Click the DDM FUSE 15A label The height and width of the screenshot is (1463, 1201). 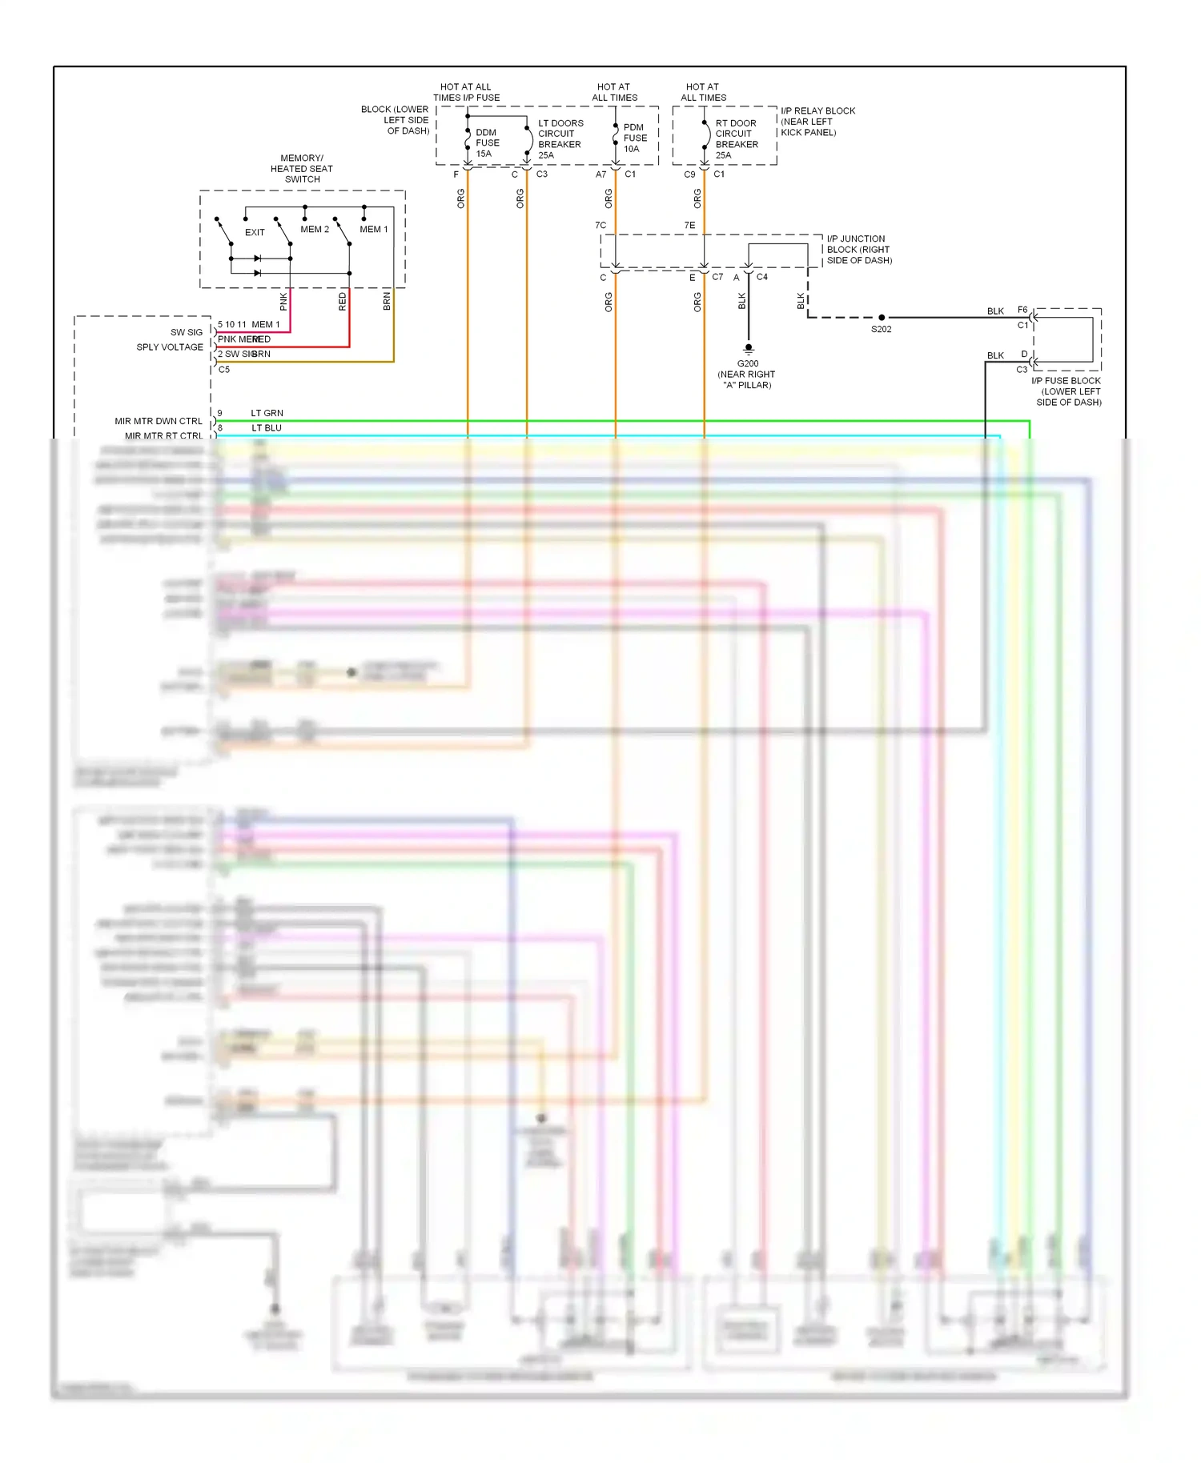(x=487, y=143)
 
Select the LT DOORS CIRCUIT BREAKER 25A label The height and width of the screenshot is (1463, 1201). (x=560, y=139)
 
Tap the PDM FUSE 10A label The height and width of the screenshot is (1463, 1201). (x=635, y=138)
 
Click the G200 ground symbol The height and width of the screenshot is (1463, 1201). (x=749, y=349)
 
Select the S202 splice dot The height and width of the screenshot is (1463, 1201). (x=882, y=318)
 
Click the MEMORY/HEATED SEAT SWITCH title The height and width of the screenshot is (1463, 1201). (x=302, y=169)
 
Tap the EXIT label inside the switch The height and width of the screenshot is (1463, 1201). (x=255, y=233)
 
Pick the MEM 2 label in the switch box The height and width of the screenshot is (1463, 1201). (x=315, y=230)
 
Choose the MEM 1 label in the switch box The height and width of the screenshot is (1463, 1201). (x=374, y=230)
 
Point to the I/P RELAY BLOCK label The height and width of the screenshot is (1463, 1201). (x=817, y=122)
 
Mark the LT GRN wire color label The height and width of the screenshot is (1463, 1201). (x=267, y=413)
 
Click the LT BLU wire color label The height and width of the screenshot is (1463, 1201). (x=267, y=428)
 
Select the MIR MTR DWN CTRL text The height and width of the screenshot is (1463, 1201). (x=159, y=421)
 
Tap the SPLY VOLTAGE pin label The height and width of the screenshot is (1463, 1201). (x=170, y=347)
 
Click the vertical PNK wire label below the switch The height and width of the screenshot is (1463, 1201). (x=283, y=302)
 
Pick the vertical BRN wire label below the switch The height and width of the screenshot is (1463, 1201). (x=387, y=302)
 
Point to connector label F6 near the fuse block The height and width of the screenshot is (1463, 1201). (x=1022, y=310)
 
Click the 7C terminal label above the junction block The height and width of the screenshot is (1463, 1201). (x=600, y=226)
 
